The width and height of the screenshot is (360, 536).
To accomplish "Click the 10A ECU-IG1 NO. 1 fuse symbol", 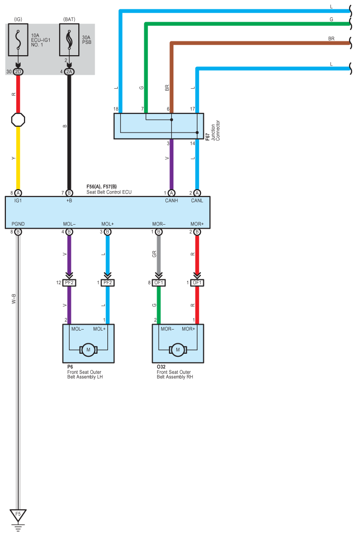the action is pyautogui.click(x=18, y=39).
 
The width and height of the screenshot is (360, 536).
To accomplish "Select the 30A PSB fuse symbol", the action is pyautogui.click(x=69, y=39).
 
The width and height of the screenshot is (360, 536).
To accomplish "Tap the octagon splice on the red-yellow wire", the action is pyautogui.click(x=18, y=120).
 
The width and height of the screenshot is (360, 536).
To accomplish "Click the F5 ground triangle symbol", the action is pyautogui.click(x=18, y=515).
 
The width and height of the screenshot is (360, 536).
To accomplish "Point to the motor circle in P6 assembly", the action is pyautogui.click(x=88, y=350).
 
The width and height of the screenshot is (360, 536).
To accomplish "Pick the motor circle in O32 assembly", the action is pyautogui.click(x=178, y=350).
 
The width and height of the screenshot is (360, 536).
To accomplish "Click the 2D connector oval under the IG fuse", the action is pyautogui.click(x=18, y=72).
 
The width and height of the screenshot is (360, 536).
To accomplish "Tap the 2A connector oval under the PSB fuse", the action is pyautogui.click(x=69, y=72).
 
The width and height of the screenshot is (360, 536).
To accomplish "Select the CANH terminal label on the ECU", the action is pyautogui.click(x=171, y=201).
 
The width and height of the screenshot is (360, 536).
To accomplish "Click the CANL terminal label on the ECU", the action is pyautogui.click(x=197, y=201).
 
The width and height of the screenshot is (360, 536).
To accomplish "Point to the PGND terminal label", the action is pyautogui.click(x=18, y=224).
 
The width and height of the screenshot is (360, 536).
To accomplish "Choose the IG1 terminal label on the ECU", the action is pyautogui.click(x=18, y=201).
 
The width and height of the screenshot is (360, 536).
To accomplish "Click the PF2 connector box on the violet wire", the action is pyautogui.click(x=69, y=283).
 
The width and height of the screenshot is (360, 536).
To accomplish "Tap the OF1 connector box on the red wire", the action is pyautogui.click(x=197, y=283).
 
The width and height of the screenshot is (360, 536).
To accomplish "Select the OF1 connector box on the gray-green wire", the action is pyautogui.click(x=159, y=283).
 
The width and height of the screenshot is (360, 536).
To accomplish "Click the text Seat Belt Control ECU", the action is pyautogui.click(x=109, y=192).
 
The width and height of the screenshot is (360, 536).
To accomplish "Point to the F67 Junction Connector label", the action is pyautogui.click(x=213, y=131).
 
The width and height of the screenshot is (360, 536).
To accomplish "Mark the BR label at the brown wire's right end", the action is pyautogui.click(x=331, y=38).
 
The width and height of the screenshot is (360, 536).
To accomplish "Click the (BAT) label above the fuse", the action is pyautogui.click(x=69, y=19).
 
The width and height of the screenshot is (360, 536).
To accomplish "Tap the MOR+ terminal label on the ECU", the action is pyautogui.click(x=197, y=224).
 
